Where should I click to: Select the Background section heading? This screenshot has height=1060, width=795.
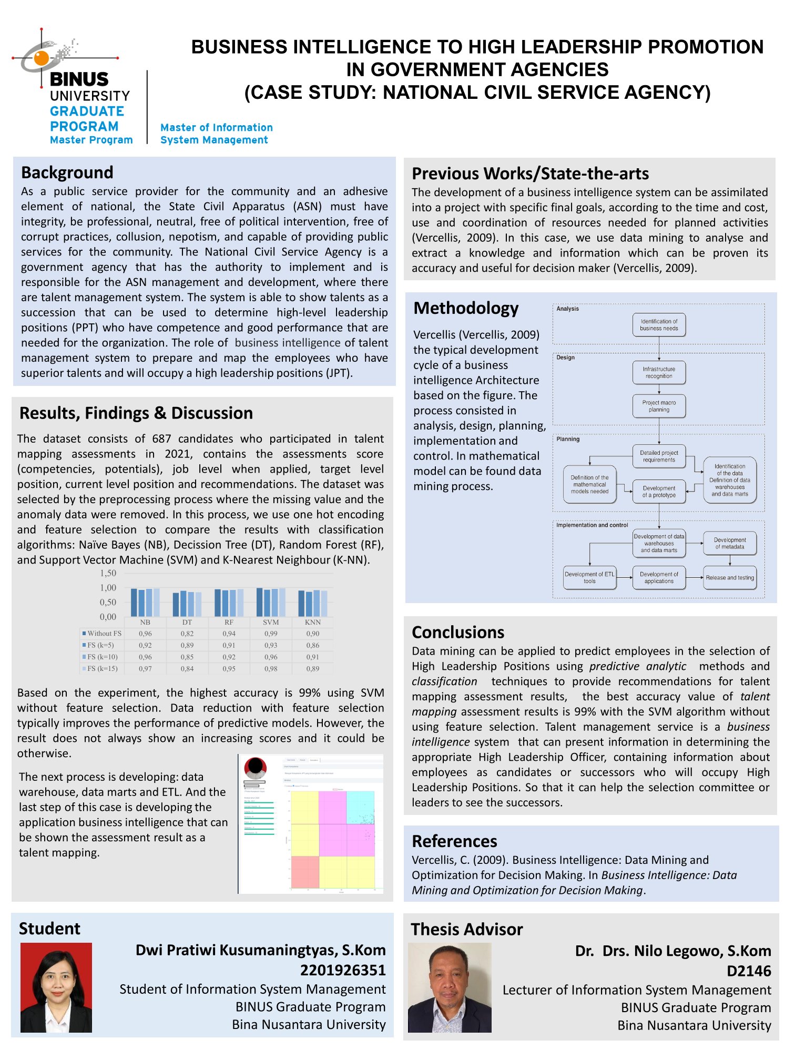pyautogui.click(x=67, y=172)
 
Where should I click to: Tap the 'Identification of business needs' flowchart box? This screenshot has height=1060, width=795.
pyautogui.click(x=659, y=325)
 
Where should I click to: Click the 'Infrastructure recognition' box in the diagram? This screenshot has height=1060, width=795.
pyautogui.click(x=659, y=372)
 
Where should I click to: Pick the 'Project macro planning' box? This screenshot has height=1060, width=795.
pyautogui.click(x=659, y=406)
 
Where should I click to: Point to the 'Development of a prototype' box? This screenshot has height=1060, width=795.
pyautogui.click(x=659, y=492)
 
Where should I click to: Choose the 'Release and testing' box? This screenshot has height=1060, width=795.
pyautogui.click(x=730, y=577)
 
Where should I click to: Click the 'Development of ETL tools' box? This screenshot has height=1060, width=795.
pyautogui.click(x=589, y=577)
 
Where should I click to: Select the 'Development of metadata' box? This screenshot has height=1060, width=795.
pyautogui.click(x=730, y=543)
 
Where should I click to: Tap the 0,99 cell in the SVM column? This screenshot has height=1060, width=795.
pyautogui.click(x=271, y=634)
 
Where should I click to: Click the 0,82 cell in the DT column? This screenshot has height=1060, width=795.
pyautogui.click(x=187, y=634)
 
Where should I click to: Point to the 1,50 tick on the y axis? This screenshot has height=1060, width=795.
pyautogui.click(x=108, y=573)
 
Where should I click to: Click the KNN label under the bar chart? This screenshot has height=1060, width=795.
pyautogui.click(x=313, y=622)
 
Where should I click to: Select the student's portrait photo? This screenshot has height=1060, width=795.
pyautogui.click(x=56, y=987)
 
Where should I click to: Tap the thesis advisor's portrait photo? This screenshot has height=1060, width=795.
pyautogui.click(x=450, y=987)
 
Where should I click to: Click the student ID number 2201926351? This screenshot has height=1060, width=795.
pyautogui.click(x=343, y=970)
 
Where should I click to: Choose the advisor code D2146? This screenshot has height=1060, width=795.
pyautogui.click(x=749, y=971)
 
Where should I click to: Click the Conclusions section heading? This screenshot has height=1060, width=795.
pyautogui.click(x=458, y=632)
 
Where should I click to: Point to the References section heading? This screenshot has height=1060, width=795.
pyautogui.click(x=454, y=841)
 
